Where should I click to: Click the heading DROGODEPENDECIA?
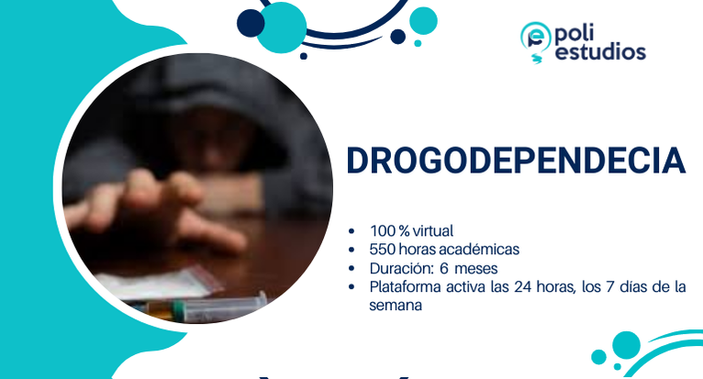click(516, 161)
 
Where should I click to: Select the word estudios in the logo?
click(601, 52)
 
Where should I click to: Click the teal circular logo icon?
click(535, 39)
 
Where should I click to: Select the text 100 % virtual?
click(411, 231)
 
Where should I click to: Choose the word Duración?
click(399, 269)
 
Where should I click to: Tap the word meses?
click(476, 269)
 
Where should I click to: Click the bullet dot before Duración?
click(354, 269)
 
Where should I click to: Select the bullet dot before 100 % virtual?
click(354, 231)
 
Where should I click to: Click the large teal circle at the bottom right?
click(626, 345)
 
